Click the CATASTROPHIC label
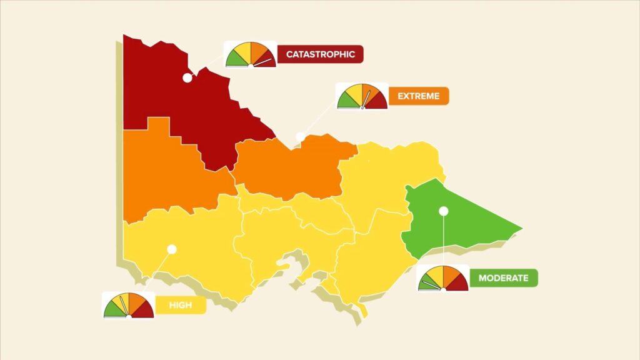(320, 54)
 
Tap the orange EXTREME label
(419, 96)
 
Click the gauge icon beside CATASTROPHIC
(250, 54)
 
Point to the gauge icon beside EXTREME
(362, 96)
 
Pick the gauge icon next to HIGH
(128, 305)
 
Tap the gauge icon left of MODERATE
(442, 278)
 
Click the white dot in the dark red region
(187, 78)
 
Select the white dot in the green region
(443, 211)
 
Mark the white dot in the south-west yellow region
(172, 249)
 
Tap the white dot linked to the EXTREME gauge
(300, 136)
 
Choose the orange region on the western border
(162, 175)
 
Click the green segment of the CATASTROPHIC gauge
(235, 59)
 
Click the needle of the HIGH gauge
(124, 306)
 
